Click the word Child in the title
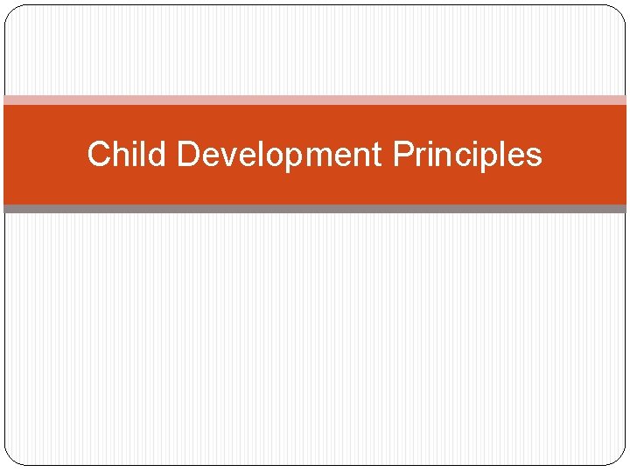[x=128, y=155]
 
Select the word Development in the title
[x=279, y=155]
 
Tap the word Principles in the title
[x=467, y=155]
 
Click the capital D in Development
[x=188, y=155]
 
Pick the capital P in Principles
[x=402, y=155]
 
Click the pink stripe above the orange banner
[x=315, y=100]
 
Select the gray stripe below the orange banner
[x=315, y=209]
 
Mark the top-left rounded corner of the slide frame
[x=11, y=11]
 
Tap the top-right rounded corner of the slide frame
[x=619, y=11]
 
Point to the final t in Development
[x=378, y=156]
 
